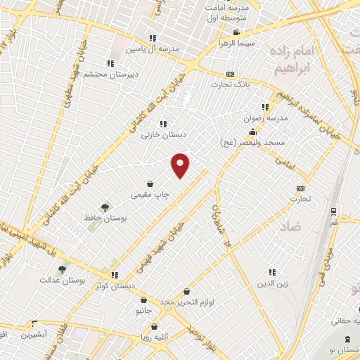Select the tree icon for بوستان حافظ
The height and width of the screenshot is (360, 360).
(x=105, y=207)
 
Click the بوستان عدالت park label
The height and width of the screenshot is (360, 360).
(x=82, y=279)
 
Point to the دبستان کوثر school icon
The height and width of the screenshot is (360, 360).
(x=114, y=275)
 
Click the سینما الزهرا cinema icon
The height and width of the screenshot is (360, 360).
(x=236, y=32)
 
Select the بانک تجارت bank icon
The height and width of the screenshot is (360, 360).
(x=230, y=74)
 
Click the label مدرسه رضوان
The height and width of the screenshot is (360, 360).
(x=266, y=118)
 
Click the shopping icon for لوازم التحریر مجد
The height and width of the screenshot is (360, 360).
(x=186, y=291)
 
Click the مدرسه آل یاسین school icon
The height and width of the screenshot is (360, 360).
(x=153, y=39)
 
